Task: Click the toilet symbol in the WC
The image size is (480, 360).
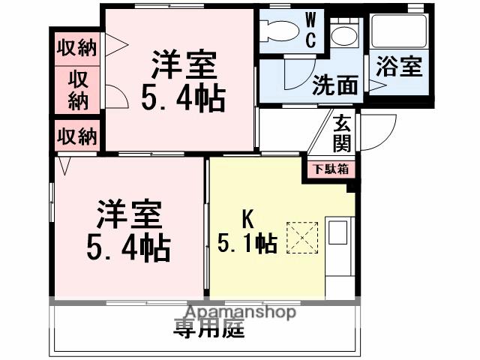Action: point(280,31)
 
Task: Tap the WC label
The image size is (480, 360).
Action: point(310,29)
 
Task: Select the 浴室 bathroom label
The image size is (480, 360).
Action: point(398,67)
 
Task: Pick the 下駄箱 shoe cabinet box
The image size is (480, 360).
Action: point(330,169)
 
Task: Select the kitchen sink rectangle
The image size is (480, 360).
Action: point(337,235)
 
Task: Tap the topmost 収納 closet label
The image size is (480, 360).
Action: point(77,48)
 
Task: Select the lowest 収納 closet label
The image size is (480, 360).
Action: point(77,136)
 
